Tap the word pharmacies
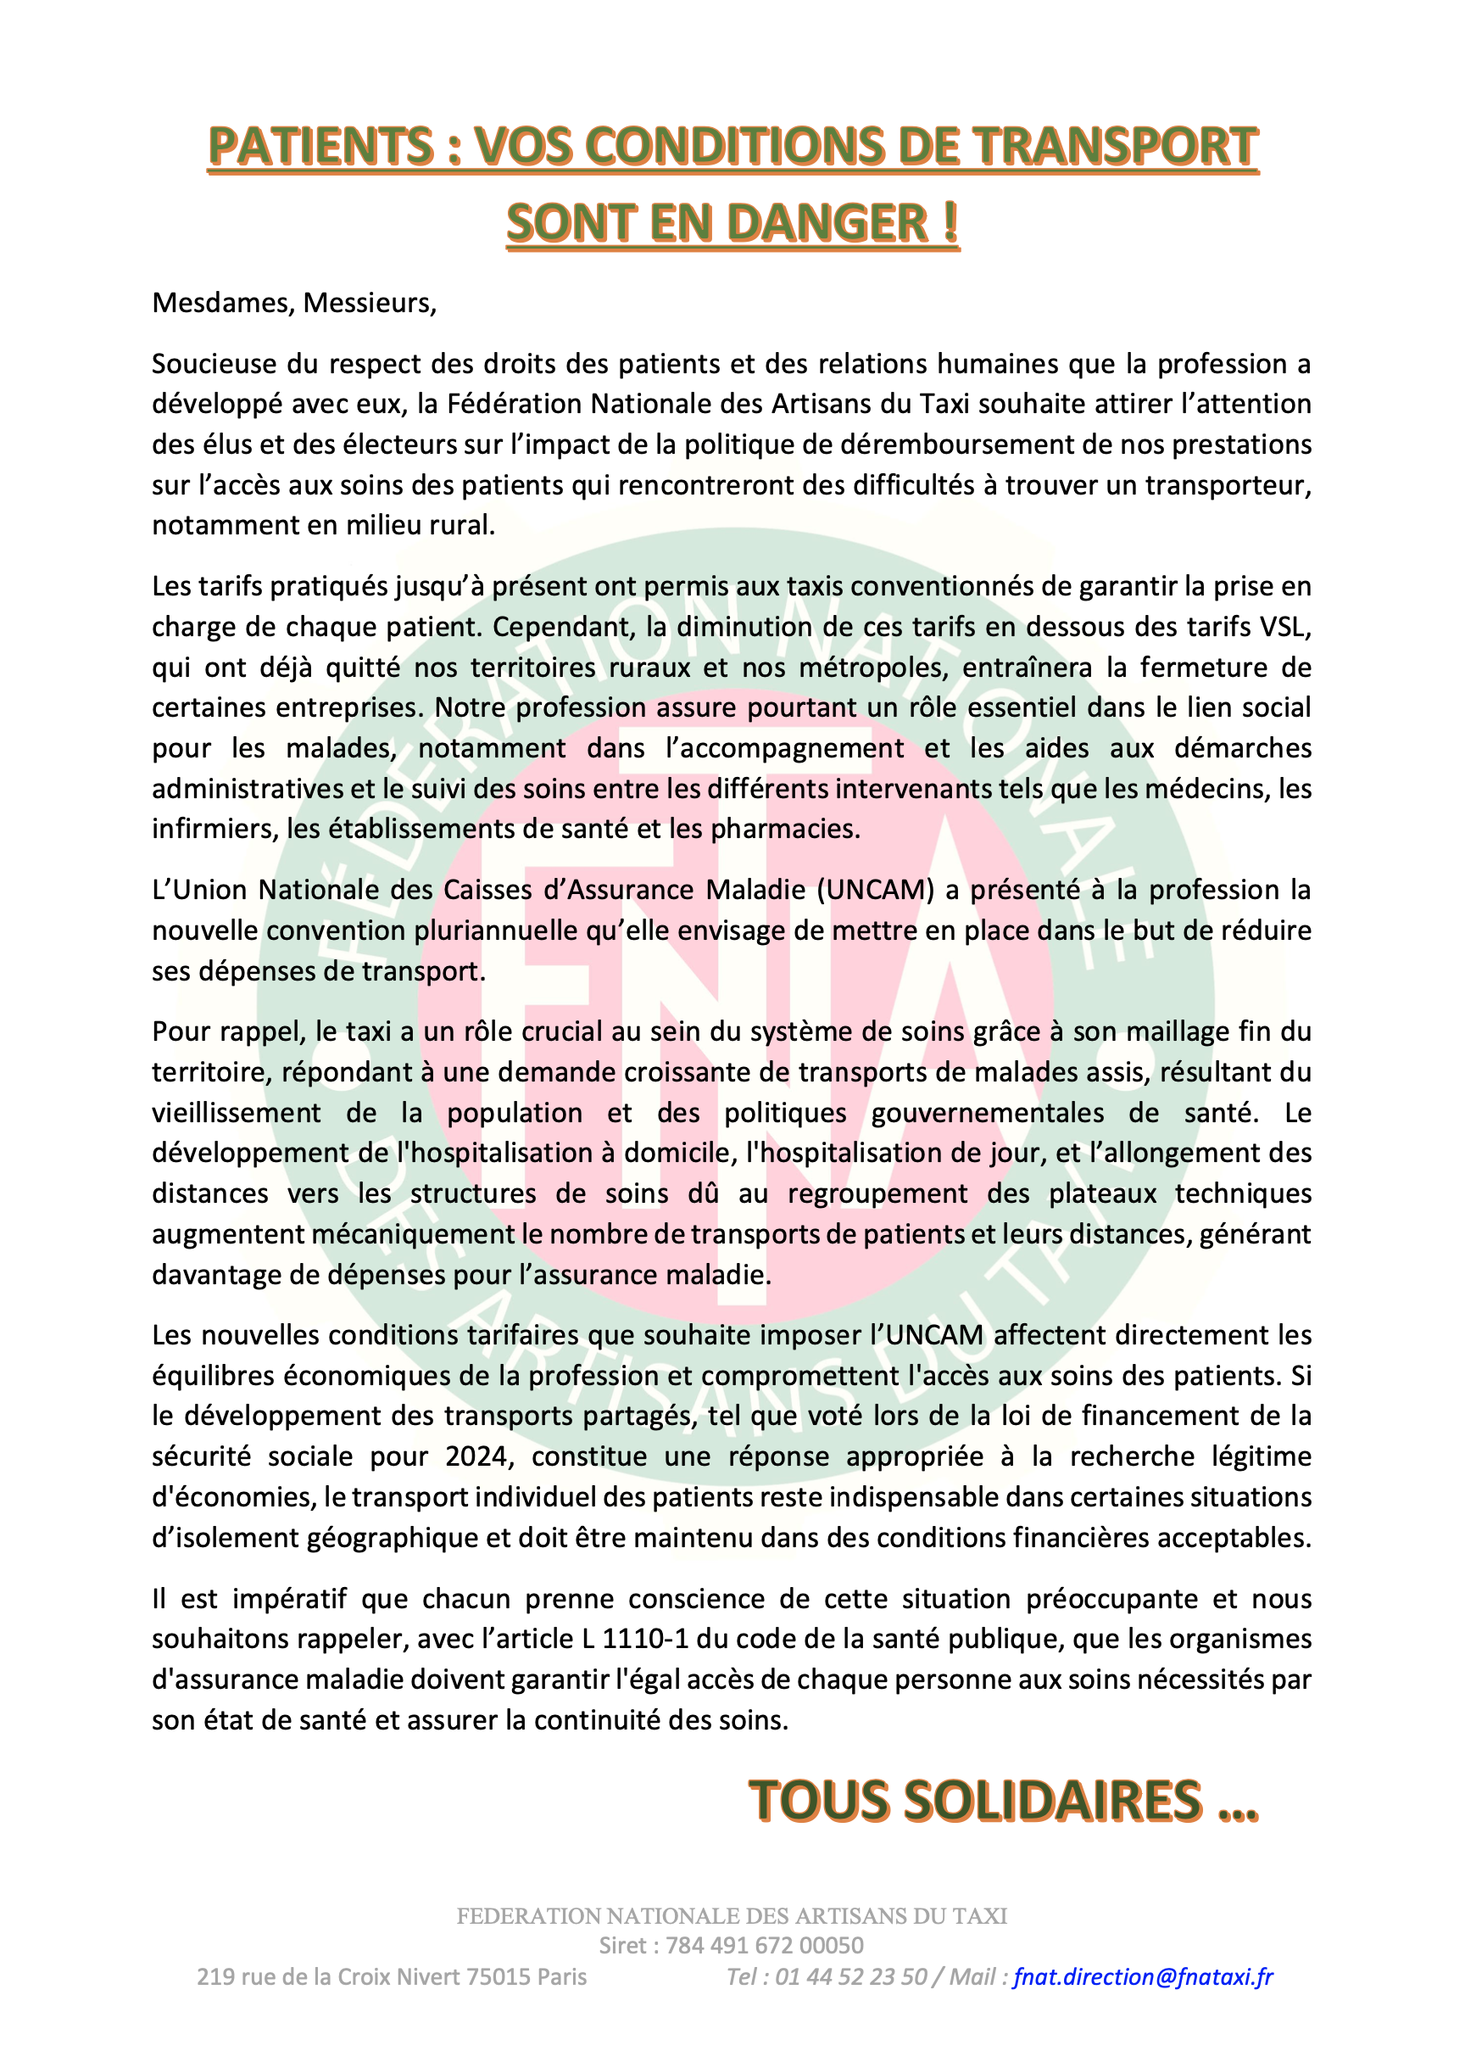point(784,830)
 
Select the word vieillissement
point(236,1113)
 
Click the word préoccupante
point(1111,1599)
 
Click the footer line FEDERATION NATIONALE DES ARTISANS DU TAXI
point(732,1915)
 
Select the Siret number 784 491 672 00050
point(764,1946)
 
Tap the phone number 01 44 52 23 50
point(850,1977)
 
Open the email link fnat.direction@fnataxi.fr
point(1142,1977)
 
